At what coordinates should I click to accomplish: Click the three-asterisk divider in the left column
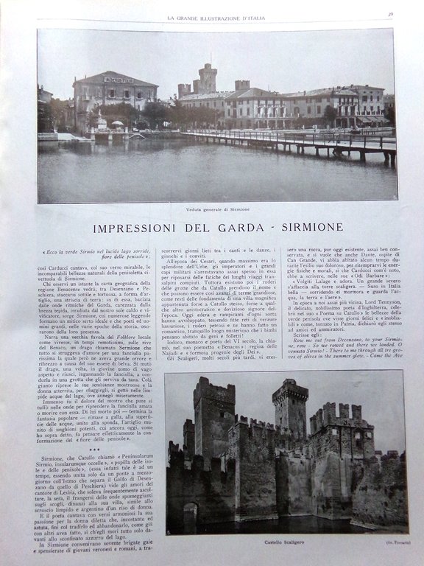tap(94, 449)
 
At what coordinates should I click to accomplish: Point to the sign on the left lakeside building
tap(119, 80)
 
